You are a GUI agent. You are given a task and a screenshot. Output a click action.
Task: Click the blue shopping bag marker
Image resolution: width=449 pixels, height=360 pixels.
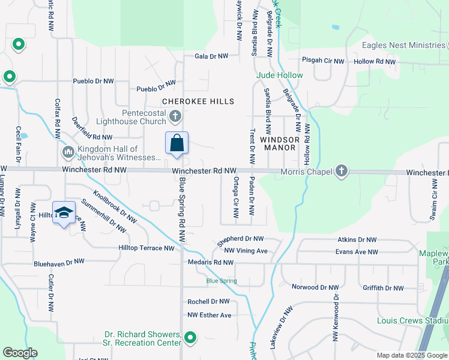click(x=176, y=144)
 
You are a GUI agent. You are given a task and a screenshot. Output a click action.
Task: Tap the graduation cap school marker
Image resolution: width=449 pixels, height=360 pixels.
click(x=64, y=214)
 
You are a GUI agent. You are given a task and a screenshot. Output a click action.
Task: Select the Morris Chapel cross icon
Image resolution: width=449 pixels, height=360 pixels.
click(x=342, y=172)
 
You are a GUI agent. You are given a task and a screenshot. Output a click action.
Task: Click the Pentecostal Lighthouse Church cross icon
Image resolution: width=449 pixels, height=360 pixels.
click(x=175, y=116)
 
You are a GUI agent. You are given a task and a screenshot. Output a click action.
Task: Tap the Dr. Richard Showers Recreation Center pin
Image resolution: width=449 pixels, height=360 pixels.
click(x=190, y=338)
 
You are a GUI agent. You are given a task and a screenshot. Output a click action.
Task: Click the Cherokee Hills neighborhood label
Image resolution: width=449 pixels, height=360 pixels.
click(x=197, y=101)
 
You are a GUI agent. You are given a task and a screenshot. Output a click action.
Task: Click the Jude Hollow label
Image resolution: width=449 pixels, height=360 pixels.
click(x=280, y=75)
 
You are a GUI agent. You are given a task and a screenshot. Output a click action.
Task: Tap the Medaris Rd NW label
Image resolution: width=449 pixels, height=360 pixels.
click(x=210, y=262)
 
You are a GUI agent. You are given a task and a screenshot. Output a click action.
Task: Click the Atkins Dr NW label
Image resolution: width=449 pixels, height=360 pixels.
click(x=357, y=239)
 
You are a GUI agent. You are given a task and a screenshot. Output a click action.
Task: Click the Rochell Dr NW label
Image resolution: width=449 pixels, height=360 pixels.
click(x=208, y=301)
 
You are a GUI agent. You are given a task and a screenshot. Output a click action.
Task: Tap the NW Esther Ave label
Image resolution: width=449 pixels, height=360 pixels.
click(x=209, y=315)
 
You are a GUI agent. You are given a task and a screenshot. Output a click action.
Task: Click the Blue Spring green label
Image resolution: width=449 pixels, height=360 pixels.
click(x=218, y=280)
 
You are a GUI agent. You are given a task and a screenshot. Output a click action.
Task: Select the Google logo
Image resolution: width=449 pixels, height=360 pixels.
click(x=20, y=353)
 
